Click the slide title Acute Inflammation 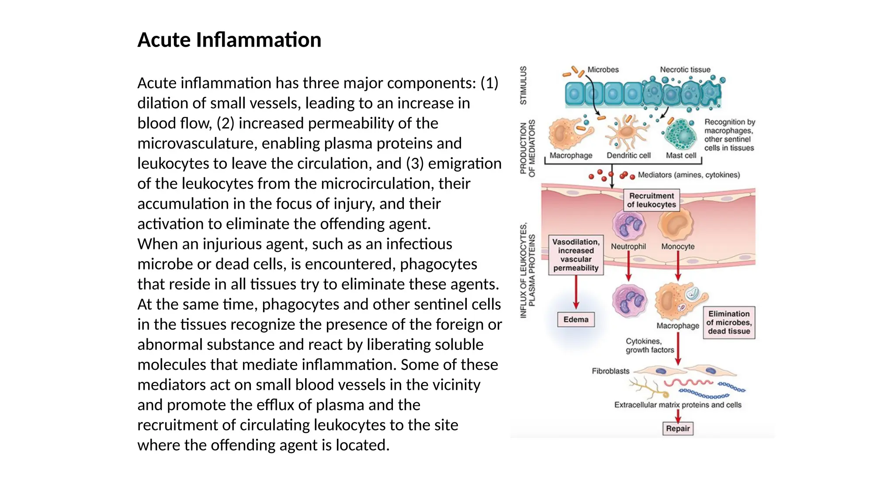[x=229, y=40]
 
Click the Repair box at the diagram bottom [x=678, y=428]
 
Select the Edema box [x=576, y=320]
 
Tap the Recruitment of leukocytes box [x=651, y=200]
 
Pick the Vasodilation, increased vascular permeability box [x=576, y=255]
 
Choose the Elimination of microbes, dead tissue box [x=728, y=323]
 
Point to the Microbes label [x=603, y=70]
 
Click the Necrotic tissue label [x=685, y=70]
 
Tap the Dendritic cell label [x=628, y=155]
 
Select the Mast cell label [x=681, y=155]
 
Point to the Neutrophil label [x=628, y=247]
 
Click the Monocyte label [x=677, y=247]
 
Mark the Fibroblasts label [x=611, y=371]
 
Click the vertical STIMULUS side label [x=523, y=86]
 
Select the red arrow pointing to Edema [x=576, y=293]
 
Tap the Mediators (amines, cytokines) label [x=689, y=175]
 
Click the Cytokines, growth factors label [x=649, y=345]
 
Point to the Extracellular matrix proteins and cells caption [x=677, y=405]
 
